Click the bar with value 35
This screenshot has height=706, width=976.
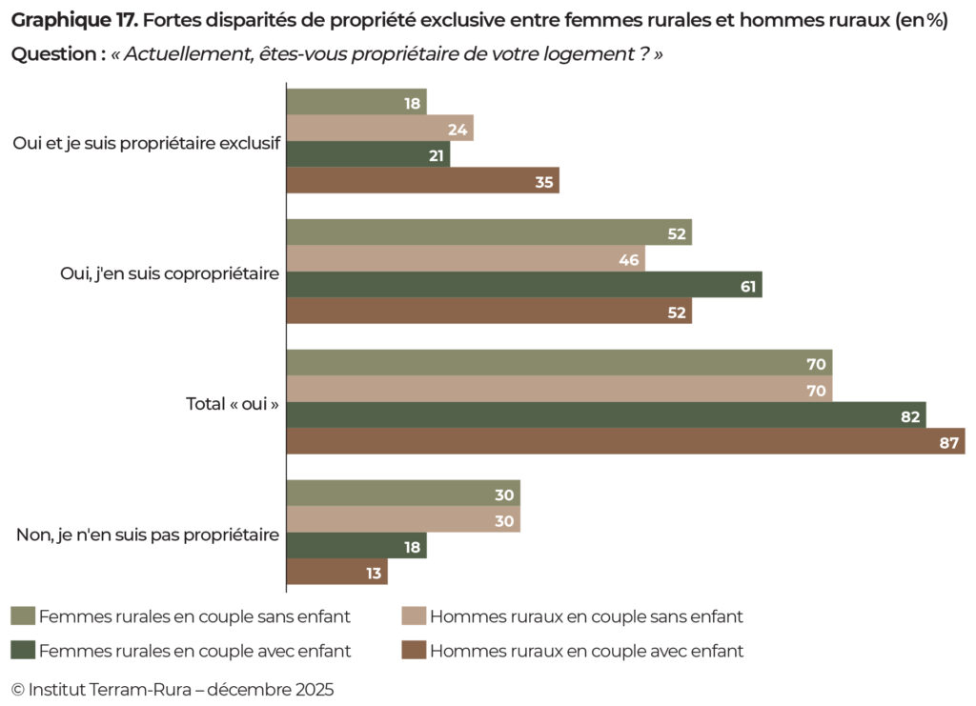[x=422, y=181]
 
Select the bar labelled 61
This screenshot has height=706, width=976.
[x=524, y=285]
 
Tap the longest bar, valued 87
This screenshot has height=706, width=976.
[x=625, y=441]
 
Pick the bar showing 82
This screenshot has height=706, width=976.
[x=606, y=415]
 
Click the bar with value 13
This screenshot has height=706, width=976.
[x=336, y=572]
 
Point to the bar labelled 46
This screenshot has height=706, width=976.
[x=465, y=258]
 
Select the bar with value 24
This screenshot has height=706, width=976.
[x=379, y=129]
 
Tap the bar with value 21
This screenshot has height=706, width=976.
[x=368, y=154]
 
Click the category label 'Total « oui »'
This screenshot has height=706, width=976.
[x=232, y=404]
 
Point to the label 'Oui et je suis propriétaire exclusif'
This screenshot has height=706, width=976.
[x=146, y=143]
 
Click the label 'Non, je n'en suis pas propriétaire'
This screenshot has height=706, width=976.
[x=148, y=535]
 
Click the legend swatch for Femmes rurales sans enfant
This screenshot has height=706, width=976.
[x=23, y=616]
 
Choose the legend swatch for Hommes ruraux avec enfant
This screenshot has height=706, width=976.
[x=413, y=651]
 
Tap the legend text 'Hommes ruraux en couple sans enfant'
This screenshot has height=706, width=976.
[x=586, y=616]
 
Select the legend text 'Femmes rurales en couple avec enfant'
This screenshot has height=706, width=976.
[x=194, y=651]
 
